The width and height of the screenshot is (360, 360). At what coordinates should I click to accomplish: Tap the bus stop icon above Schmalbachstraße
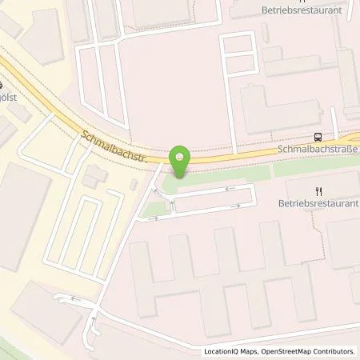(318, 137)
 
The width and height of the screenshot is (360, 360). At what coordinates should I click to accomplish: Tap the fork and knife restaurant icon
(318, 191)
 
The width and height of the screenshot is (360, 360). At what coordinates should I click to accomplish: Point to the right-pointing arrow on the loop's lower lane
(236, 206)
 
